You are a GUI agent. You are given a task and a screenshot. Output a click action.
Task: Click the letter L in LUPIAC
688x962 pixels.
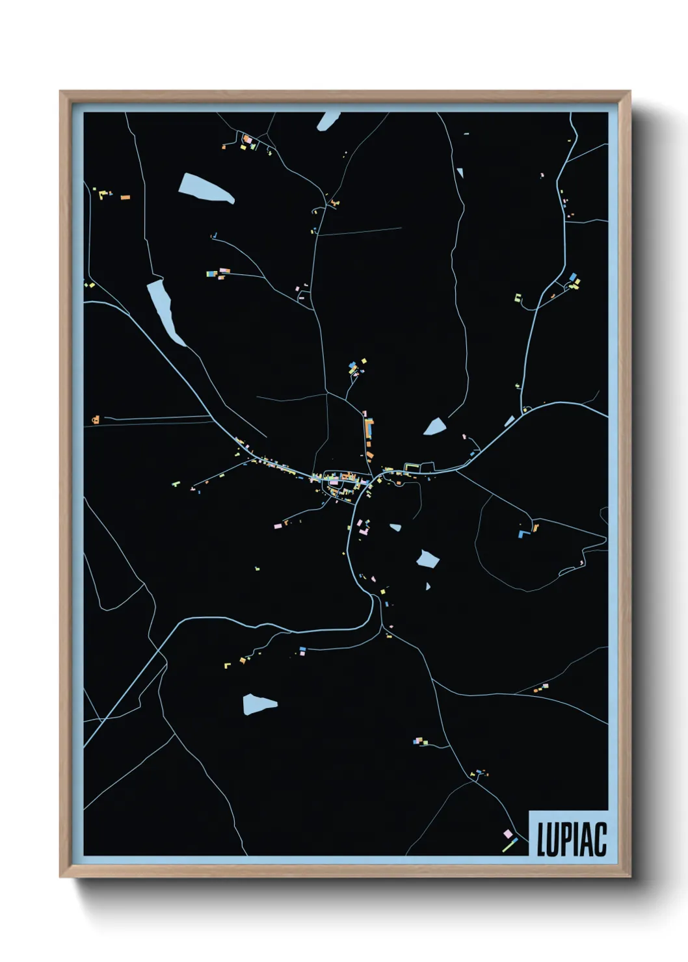541,839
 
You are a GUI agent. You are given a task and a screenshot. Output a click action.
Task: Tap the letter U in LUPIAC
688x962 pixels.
553,839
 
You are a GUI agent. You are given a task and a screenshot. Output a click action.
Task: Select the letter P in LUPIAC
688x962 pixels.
565,839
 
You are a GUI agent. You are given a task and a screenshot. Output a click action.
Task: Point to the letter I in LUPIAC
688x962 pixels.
575,839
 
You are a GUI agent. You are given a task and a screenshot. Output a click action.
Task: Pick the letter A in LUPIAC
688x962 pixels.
585,839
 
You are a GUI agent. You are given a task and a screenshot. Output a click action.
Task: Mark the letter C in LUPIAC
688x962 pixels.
599,839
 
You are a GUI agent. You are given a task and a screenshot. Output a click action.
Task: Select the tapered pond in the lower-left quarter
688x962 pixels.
258,704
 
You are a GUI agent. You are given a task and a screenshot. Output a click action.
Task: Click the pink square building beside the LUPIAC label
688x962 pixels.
507,833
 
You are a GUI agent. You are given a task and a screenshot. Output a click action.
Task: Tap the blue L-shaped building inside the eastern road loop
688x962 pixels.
522,534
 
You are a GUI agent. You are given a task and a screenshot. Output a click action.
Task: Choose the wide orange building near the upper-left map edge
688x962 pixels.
125,197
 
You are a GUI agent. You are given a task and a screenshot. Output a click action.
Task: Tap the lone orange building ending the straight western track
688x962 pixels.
96,420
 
